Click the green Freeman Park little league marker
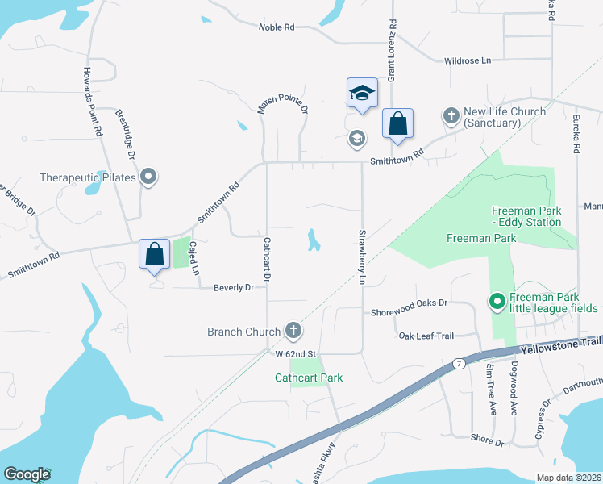pos(497,302)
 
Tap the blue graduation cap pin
pos(362,93)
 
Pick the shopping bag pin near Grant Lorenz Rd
pos(397,124)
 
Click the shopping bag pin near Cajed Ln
pos(154,254)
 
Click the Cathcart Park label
pos(309,378)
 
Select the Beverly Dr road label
pos(234,287)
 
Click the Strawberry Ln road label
pos(362,257)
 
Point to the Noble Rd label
pos(277,27)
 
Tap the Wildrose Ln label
pos(468,60)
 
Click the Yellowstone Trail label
pos(561,345)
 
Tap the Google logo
pos(27,474)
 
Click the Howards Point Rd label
pos(92,101)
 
